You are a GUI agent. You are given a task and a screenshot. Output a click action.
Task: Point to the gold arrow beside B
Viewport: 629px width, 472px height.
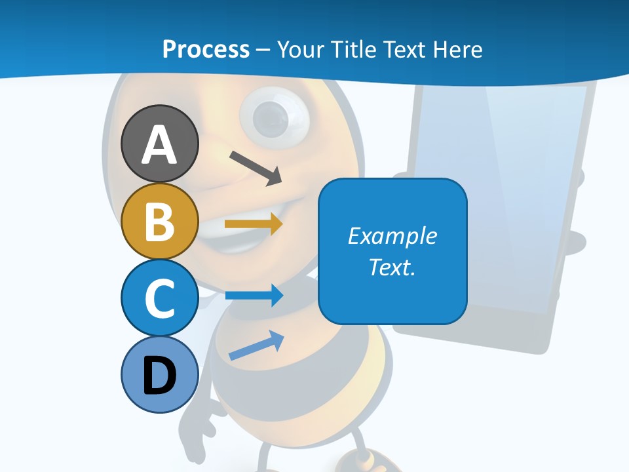pyautogui.click(x=253, y=224)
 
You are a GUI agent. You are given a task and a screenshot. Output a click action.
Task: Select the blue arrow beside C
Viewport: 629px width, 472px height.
pyautogui.click(x=254, y=296)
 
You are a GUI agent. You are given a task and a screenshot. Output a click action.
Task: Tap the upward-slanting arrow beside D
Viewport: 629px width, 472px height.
pyautogui.click(x=256, y=345)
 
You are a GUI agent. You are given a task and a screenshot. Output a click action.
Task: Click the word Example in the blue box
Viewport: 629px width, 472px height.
pyautogui.click(x=392, y=236)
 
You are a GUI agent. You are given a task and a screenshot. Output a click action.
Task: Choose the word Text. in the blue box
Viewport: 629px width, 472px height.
pyautogui.click(x=392, y=267)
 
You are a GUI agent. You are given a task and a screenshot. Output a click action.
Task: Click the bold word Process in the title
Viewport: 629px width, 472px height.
pyautogui.click(x=206, y=49)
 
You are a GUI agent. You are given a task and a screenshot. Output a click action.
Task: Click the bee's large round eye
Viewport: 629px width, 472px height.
pyautogui.click(x=274, y=118)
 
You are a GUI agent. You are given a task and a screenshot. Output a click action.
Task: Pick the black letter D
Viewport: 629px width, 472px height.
pyautogui.click(x=159, y=376)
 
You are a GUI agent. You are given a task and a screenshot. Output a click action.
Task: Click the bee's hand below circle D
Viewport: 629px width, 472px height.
pyautogui.click(x=197, y=420)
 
